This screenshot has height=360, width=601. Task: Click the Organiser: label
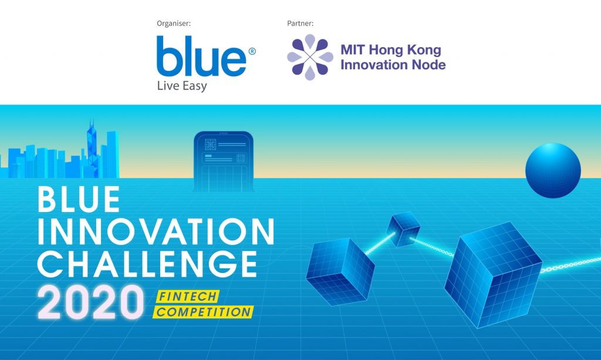(174, 23)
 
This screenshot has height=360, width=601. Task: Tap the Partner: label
(300, 23)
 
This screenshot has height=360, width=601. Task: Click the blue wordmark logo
(201, 56)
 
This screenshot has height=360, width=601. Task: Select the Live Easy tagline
(182, 86)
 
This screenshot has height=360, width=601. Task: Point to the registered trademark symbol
(252, 51)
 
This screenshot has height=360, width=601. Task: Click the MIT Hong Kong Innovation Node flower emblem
(310, 57)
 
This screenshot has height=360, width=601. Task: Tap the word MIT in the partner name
(353, 50)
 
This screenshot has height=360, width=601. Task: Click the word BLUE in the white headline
(79, 199)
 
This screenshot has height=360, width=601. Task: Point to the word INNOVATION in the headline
(156, 231)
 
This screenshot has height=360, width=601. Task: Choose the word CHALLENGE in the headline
(147, 264)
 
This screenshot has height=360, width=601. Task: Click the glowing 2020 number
(91, 302)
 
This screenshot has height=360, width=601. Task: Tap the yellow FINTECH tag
(187, 297)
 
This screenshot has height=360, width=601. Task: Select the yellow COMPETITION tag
(203, 312)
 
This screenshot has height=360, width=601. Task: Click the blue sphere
(553, 170)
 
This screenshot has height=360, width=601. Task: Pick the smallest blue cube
(403, 229)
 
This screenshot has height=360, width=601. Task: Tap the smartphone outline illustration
(224, 162)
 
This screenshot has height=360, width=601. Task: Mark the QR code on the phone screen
(211, 144)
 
